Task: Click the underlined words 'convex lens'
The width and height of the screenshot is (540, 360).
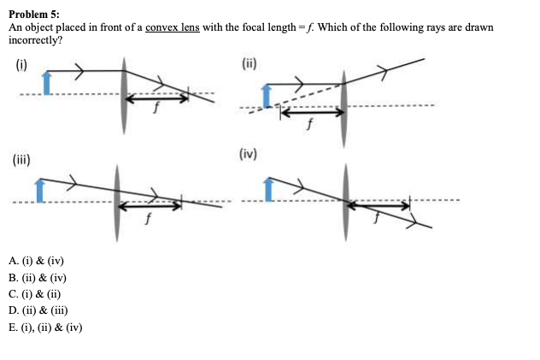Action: pyautogui.click(x=172, y=27)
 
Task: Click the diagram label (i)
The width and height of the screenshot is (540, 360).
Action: pyautogui.click(x=20, y=62)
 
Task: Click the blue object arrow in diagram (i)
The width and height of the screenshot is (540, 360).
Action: pyautogui.click(x=47, y=82)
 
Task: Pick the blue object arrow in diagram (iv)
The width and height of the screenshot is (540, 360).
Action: pyautogui.click(x=269, y=190)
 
